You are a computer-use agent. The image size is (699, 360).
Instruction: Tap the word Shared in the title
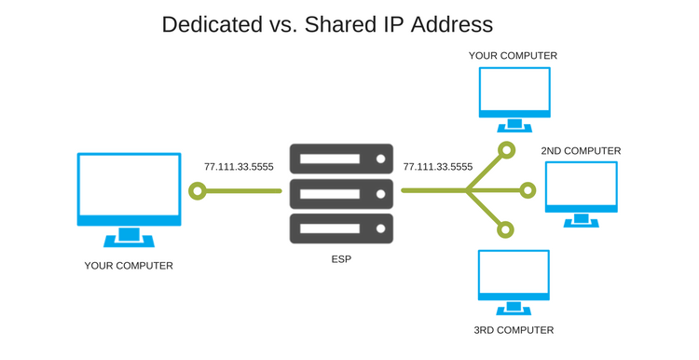click(349, 24)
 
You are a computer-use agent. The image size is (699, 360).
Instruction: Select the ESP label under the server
click(340, 258)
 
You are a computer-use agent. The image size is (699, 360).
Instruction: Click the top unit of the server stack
click(341, 159)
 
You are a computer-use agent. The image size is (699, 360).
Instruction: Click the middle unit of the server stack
click(341, 194)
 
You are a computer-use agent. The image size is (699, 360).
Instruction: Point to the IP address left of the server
click(240, 167)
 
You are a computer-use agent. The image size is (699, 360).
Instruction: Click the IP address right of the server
click(438, 167)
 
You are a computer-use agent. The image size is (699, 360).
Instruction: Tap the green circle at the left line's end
click(197, 191)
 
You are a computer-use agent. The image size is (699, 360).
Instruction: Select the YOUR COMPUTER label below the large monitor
click(129, 266)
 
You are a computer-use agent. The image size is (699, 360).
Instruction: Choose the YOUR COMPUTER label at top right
click(513, 56)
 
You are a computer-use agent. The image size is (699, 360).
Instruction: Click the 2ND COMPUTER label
click(580, 151)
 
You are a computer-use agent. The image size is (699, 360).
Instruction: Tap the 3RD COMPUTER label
click(514, 330)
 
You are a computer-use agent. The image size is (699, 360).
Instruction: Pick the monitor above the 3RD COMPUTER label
click(514, 274)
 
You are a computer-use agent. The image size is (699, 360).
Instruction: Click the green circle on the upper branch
click(506, 149)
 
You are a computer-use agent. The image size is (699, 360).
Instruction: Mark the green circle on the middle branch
click(528, 191)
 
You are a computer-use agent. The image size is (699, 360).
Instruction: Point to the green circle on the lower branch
click(506, 228)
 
